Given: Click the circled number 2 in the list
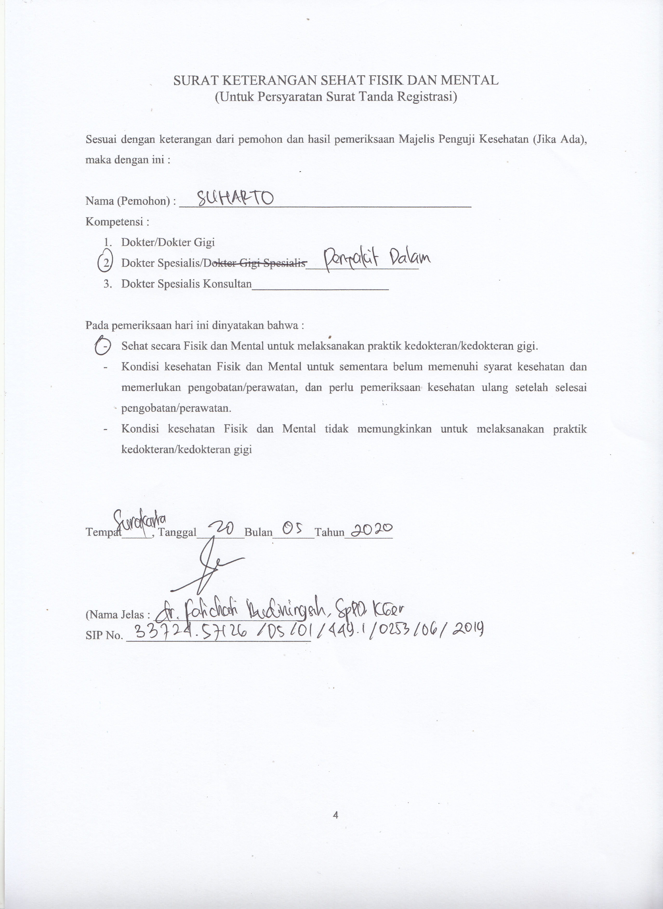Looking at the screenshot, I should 105,263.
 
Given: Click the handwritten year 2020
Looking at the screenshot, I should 371,530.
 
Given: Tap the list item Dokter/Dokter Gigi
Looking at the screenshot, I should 168,242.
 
